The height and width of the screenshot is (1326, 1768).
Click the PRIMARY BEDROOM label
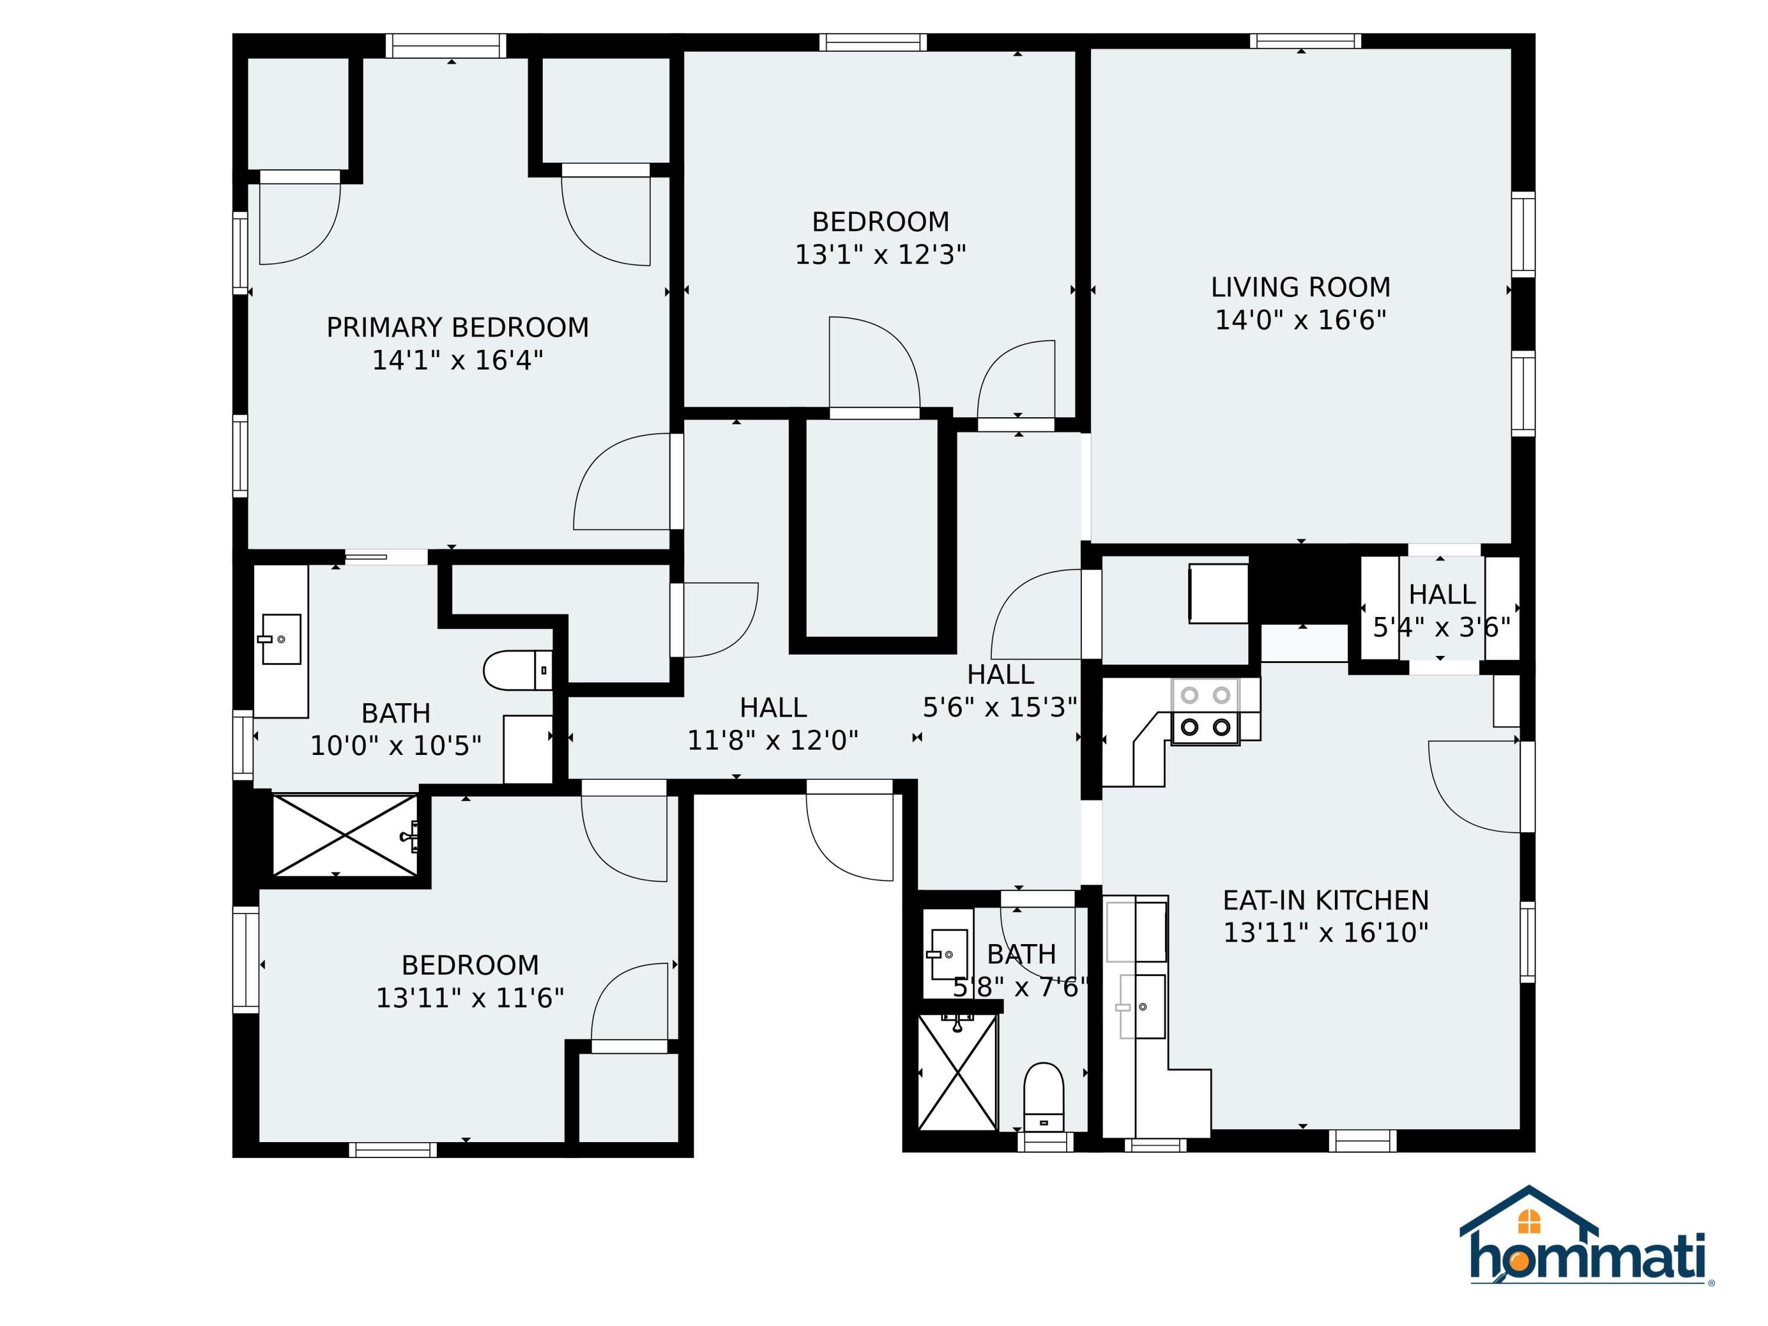click(457, 328)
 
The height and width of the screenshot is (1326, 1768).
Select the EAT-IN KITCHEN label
click(1325, 901)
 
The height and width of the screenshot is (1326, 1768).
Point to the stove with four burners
click(1205, 711)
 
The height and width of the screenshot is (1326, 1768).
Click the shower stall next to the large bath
click(345, 835)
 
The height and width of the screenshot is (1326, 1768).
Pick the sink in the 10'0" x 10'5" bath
click(281, 639)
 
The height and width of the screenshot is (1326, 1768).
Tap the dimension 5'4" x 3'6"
click(1441, 628)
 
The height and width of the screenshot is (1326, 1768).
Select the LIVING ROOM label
click(1301, 288)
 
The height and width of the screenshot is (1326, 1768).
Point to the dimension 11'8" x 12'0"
click(773, 741)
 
